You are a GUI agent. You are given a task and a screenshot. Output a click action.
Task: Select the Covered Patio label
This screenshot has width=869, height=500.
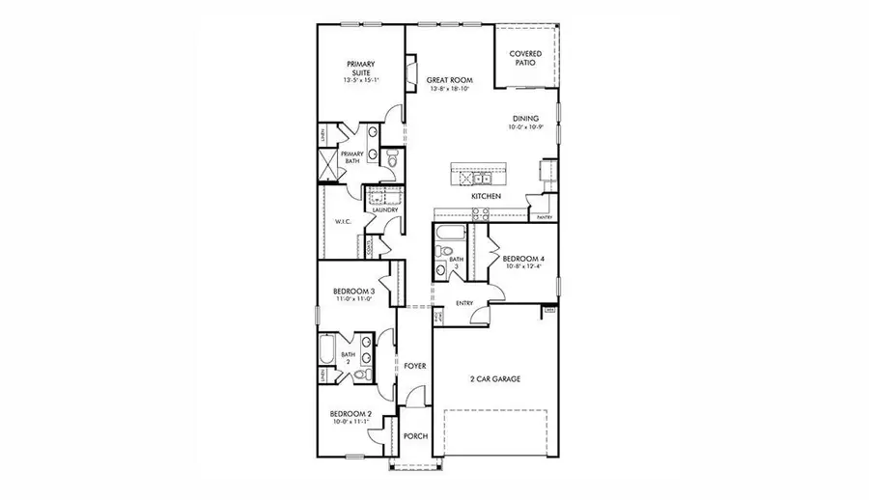(526, 58)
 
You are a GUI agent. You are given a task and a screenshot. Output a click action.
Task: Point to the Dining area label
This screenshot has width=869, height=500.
(525, 119)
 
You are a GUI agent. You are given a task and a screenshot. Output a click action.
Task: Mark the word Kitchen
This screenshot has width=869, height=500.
(486, 196)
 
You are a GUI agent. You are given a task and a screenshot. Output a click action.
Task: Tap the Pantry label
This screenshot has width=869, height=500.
(544, 217)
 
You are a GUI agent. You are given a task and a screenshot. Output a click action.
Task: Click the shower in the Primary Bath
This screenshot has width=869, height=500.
(331, 165)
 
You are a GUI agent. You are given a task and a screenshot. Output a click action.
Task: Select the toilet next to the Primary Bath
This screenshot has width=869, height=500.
(387, 158)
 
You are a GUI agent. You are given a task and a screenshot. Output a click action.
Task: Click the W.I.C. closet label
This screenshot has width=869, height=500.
(342, 221)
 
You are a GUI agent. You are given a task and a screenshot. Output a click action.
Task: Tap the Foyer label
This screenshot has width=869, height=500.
(415, 366)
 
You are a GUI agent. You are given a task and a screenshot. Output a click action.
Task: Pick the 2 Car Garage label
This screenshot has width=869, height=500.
(494, 379)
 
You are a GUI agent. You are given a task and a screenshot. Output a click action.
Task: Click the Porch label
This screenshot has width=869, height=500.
(415, 436)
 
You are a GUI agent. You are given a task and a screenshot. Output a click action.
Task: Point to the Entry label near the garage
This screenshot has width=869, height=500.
(464, 303)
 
